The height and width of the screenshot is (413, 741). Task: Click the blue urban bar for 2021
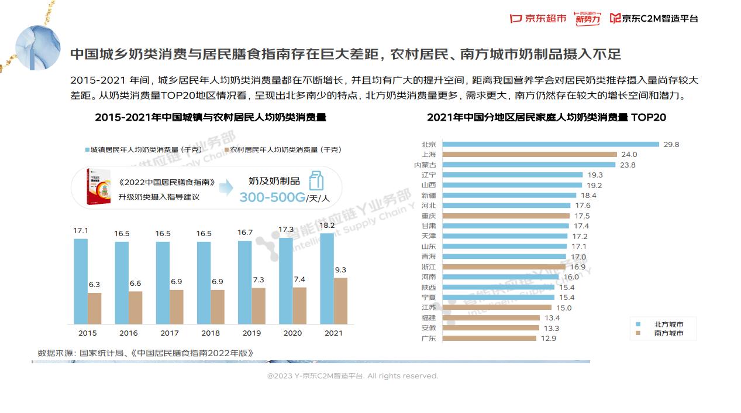[x=326, y=278]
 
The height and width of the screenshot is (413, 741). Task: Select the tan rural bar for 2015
[x=94, y=308]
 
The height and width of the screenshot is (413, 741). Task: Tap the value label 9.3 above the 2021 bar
[x=340, y=270]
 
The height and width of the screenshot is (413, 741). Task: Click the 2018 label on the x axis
[x=211, y=333]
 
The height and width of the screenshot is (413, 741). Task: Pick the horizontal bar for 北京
[x=550, y=144]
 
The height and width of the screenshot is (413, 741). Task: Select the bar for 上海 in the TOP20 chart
[x=529, y=155]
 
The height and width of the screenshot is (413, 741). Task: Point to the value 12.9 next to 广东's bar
[x=549, y=338]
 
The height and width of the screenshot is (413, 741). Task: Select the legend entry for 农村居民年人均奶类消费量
[x=284, y=150]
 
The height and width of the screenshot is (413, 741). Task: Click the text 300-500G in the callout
[x=272, y=197]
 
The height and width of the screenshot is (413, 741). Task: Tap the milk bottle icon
[x=316, y=180]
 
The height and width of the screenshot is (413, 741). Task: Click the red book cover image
[x=98, y=187]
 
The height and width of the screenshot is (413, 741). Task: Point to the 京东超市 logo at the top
[x=538, y=18]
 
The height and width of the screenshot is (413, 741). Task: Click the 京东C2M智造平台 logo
[x=653, y=18]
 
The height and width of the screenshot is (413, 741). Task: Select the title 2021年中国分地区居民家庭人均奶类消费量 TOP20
[x=546, y=117]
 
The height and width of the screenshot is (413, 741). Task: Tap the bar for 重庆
[x=506, y=216]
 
